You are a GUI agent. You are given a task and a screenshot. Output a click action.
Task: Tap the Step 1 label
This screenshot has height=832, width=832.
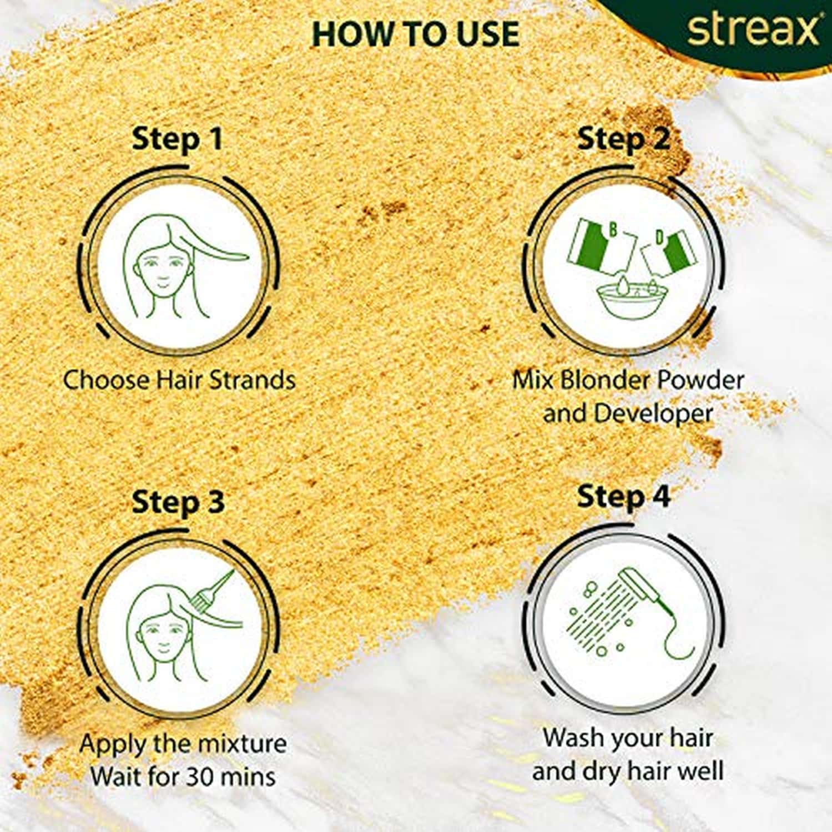177,139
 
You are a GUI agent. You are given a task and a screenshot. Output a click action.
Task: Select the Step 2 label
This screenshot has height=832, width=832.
623,139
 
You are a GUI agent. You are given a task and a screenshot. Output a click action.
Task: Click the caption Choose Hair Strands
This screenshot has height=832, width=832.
179,380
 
